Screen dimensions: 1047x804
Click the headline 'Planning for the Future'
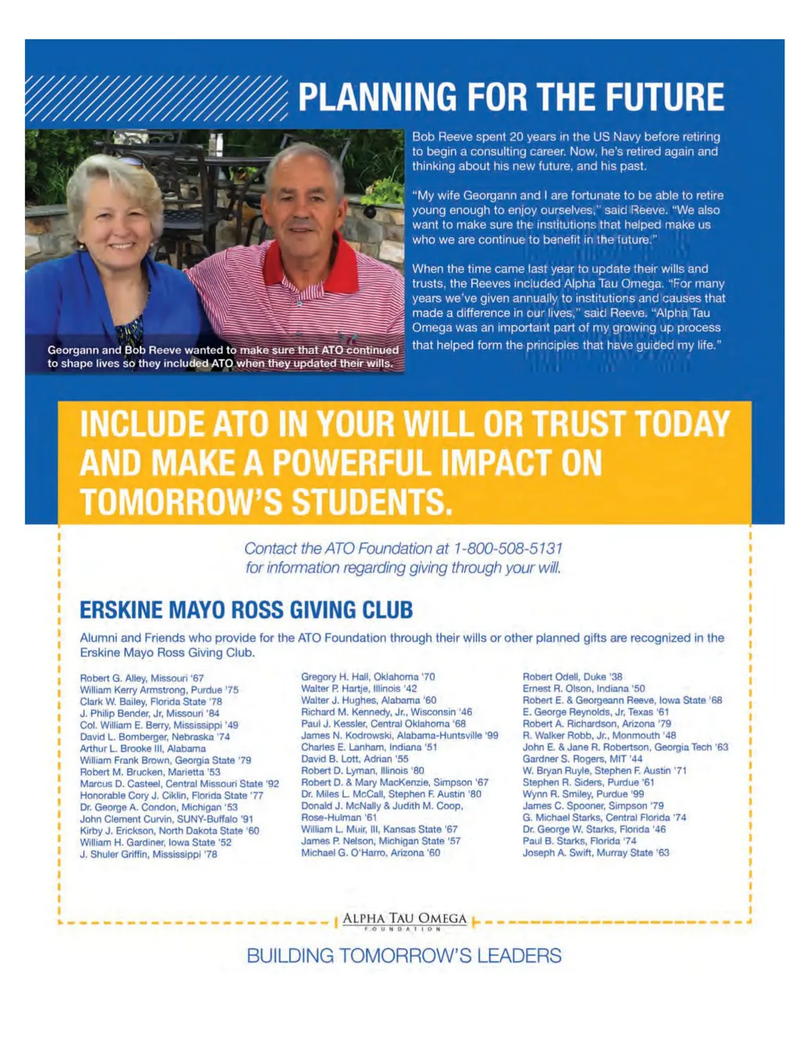click(511, 97)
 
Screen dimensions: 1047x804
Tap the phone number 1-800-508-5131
click(508, 549)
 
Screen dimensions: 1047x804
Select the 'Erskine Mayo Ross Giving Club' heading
click(246, 610)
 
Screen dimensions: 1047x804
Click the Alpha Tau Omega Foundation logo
click(404, 921)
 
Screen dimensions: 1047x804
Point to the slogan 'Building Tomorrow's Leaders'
click(404, 955)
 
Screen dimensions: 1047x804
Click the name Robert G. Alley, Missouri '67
click(141, 678)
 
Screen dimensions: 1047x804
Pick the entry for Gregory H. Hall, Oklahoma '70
click(367, 677)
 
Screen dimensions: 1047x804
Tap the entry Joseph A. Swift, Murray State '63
click(595, 852)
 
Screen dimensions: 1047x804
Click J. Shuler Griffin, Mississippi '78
click(148, 854)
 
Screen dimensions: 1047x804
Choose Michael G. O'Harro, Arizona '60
click(370, 852)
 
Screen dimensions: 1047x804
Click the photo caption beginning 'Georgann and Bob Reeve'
click(222, 356)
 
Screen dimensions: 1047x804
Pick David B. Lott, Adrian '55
click(354, 759)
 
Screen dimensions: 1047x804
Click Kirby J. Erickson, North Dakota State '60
click(169, 830)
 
